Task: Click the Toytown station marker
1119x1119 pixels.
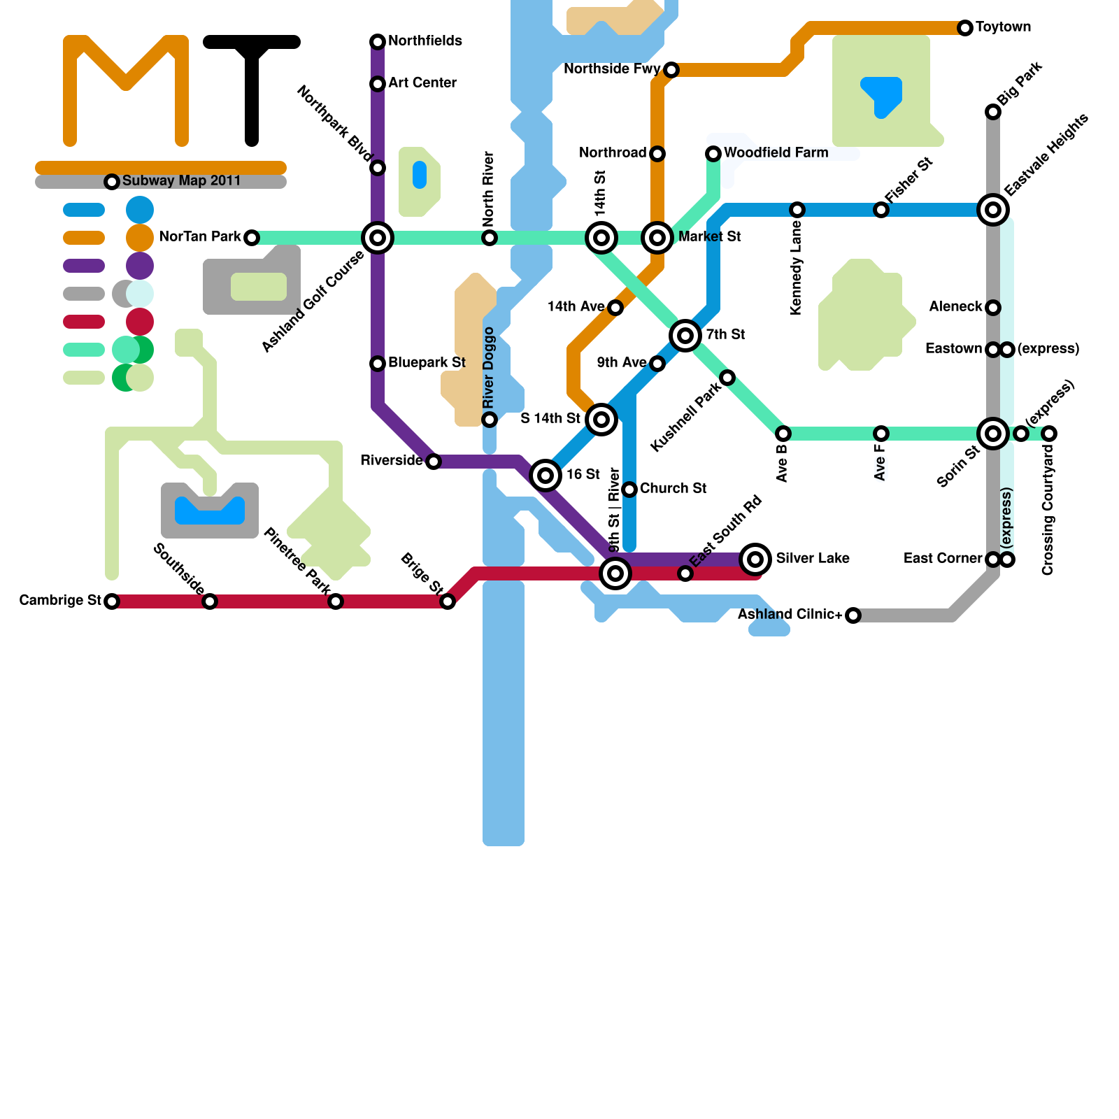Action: [x=965, y=28]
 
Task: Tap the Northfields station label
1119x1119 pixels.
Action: [x=425, y=41]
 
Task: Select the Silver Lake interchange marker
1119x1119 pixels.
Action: [x=755, y=559]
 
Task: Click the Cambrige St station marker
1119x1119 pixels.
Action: [x=112, y=601]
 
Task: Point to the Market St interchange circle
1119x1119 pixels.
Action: [x=657, y=238]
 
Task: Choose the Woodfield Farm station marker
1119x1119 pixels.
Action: [x=713, y=154]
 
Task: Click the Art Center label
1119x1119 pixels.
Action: [x=422, y=83]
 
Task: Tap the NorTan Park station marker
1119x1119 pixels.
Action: [x=252, y=238]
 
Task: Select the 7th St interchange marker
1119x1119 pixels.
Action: [x=685, y=336]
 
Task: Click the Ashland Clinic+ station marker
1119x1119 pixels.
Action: [x=853, y=615]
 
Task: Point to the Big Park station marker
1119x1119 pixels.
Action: [x=993, y=112]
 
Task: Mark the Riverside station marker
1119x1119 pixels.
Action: [x=434, y=462]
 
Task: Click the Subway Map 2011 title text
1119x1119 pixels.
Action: [x=181, y=181]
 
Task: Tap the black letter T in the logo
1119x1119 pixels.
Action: [x=252, y=84]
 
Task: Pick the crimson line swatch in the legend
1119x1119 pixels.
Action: [x=84, y=322]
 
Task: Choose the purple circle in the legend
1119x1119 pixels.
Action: [x=140, y=266]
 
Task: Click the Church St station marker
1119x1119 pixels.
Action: [x=629, y=490]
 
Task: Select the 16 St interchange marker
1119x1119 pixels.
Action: [x=546, y=476]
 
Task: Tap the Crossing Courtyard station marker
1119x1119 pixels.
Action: [x=1049, y=434]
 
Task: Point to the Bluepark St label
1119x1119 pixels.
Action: [x=427, y=363]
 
